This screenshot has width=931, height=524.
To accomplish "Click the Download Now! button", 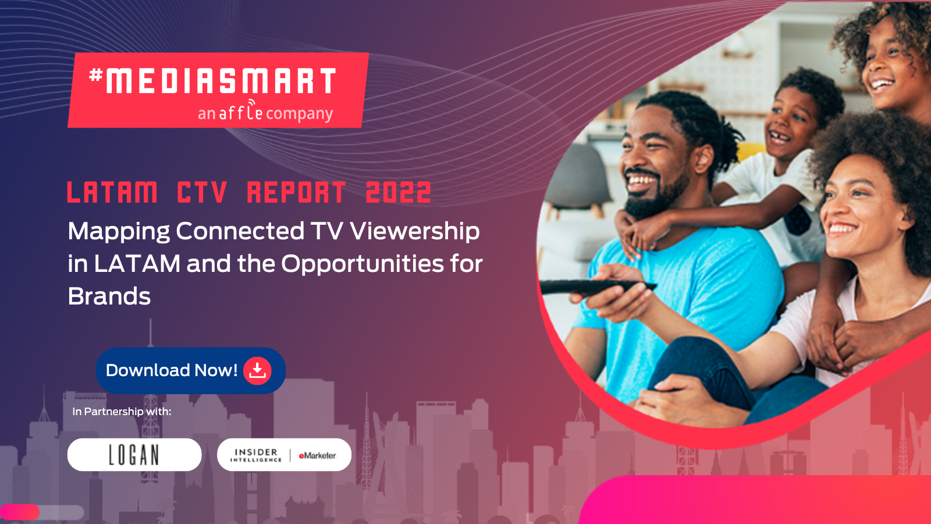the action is (191, 370).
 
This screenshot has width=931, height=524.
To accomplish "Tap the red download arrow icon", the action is (257, 370).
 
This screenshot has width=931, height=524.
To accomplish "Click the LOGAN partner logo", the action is (134, 455).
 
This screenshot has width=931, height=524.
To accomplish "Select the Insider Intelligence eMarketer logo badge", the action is (284, 455).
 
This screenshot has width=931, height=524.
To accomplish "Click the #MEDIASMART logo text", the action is (212, 80).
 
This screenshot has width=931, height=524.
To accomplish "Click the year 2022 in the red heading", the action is (398, 192).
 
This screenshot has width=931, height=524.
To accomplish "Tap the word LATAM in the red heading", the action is (112, 192).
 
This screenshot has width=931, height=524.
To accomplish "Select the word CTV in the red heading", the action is (202, 192).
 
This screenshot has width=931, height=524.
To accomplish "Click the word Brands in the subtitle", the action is (109, 296).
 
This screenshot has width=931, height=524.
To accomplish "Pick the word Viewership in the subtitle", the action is (415, 231).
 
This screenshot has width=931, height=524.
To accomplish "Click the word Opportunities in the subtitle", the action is (363, 264).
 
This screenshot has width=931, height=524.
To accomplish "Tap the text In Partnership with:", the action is (122, 412).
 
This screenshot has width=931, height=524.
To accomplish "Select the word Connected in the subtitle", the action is (240, 231).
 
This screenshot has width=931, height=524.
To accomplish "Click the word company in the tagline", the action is (300, 114).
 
